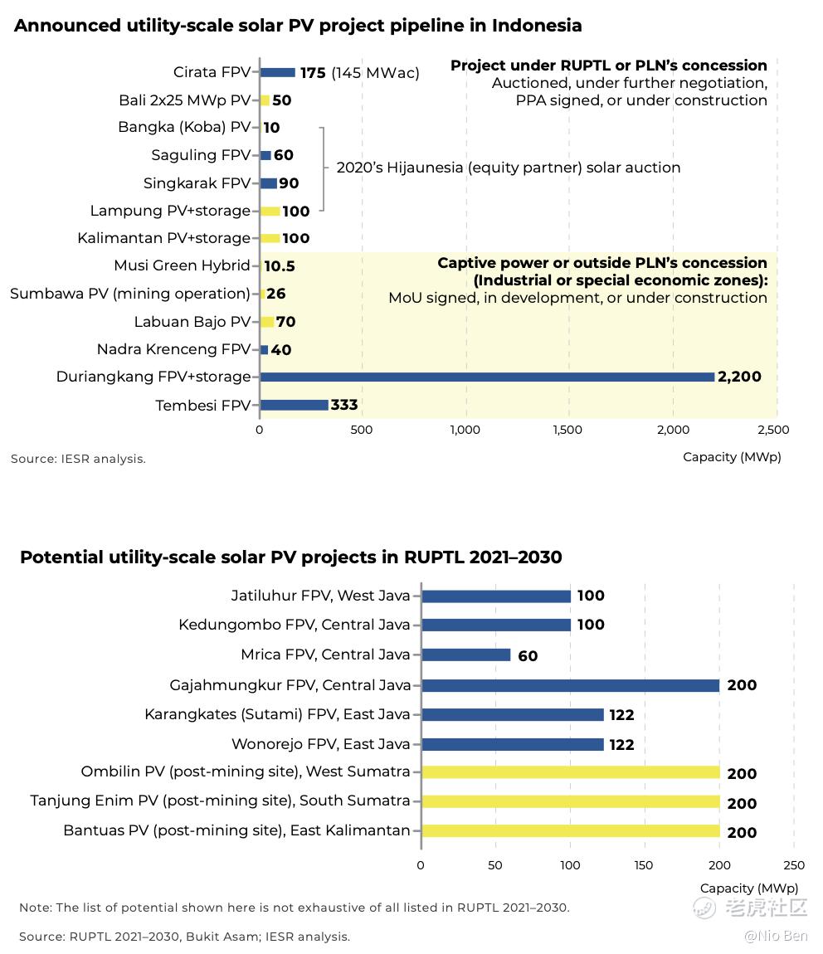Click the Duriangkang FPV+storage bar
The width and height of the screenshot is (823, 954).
point(487,377)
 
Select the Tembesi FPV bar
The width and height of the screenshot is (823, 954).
point(295,405)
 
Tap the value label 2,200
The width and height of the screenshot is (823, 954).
point(739,377)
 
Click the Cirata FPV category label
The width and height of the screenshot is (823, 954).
point(212,73)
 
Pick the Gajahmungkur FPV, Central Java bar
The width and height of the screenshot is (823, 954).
point(570,685)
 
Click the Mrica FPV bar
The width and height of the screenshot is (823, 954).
point(466,655)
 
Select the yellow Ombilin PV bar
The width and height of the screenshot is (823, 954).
point(570,772)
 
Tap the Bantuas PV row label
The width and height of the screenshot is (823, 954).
point(236,830)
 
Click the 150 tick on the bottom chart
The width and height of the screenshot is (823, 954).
point(645,865)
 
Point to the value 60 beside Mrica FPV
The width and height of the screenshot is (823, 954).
point(528,656)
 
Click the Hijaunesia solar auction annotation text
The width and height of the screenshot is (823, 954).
point(508,168)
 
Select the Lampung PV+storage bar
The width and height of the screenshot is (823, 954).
point(270,211)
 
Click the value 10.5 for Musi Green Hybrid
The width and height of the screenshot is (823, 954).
point(279,266)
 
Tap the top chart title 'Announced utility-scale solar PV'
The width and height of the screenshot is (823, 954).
point(298,26)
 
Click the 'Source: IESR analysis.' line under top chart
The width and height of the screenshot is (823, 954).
point(78,459)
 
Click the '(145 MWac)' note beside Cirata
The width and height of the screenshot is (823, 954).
point(375,73)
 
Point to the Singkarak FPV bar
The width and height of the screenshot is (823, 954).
point(269,183)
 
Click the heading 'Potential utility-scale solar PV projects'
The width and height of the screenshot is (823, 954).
point(290,557)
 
